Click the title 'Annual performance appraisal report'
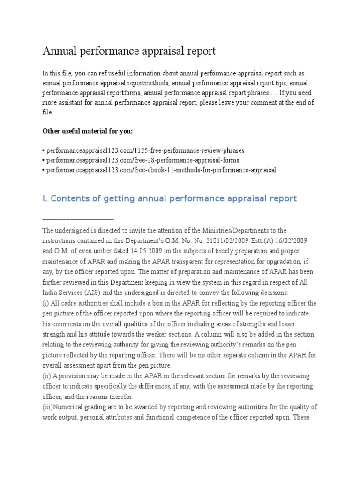(129, 51)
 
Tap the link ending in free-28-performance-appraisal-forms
(142, 160)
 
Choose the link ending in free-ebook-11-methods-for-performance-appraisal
(160, 170)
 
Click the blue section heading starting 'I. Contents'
(169, 199)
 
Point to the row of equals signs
(78, 219)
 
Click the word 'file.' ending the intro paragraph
(48, 112)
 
